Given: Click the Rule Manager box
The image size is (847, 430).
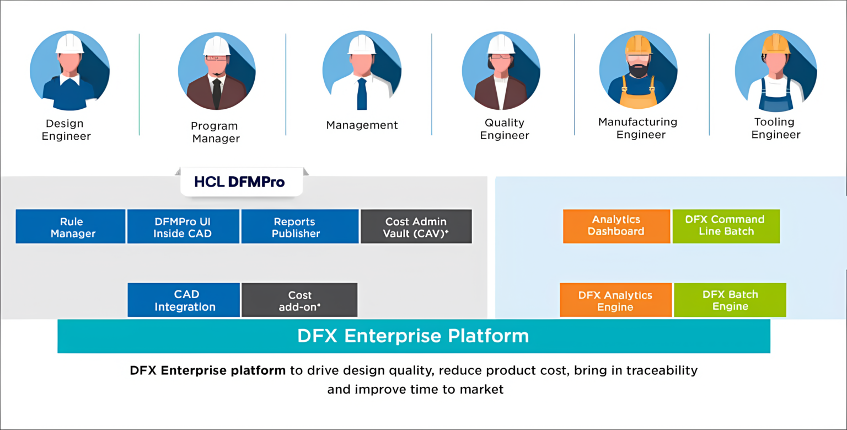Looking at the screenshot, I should [71, 226].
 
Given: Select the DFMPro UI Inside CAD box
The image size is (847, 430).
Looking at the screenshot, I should [183, 226].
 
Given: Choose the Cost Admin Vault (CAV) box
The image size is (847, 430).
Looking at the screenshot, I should [416, 226].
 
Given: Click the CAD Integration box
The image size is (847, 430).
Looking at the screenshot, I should [184, 300].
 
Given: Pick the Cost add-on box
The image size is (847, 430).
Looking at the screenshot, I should [299, 300].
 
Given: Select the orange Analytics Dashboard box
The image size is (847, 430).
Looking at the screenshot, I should [616, 226].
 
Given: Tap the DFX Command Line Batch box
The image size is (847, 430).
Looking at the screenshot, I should [726, 226].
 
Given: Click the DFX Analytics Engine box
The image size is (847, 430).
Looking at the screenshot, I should [615, 300].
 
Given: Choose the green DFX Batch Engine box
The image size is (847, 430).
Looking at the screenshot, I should [730, 300].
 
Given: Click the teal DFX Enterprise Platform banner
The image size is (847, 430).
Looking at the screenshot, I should [414, 336].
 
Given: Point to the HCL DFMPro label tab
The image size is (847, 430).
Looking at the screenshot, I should [241, 182].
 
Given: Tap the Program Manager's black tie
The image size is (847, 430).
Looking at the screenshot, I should [217, 92].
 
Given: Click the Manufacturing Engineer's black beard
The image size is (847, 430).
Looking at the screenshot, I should [638, 71].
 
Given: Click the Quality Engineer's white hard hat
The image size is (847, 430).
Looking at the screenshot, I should [501, 44].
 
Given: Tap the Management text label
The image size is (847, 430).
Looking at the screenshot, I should [362, 125].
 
